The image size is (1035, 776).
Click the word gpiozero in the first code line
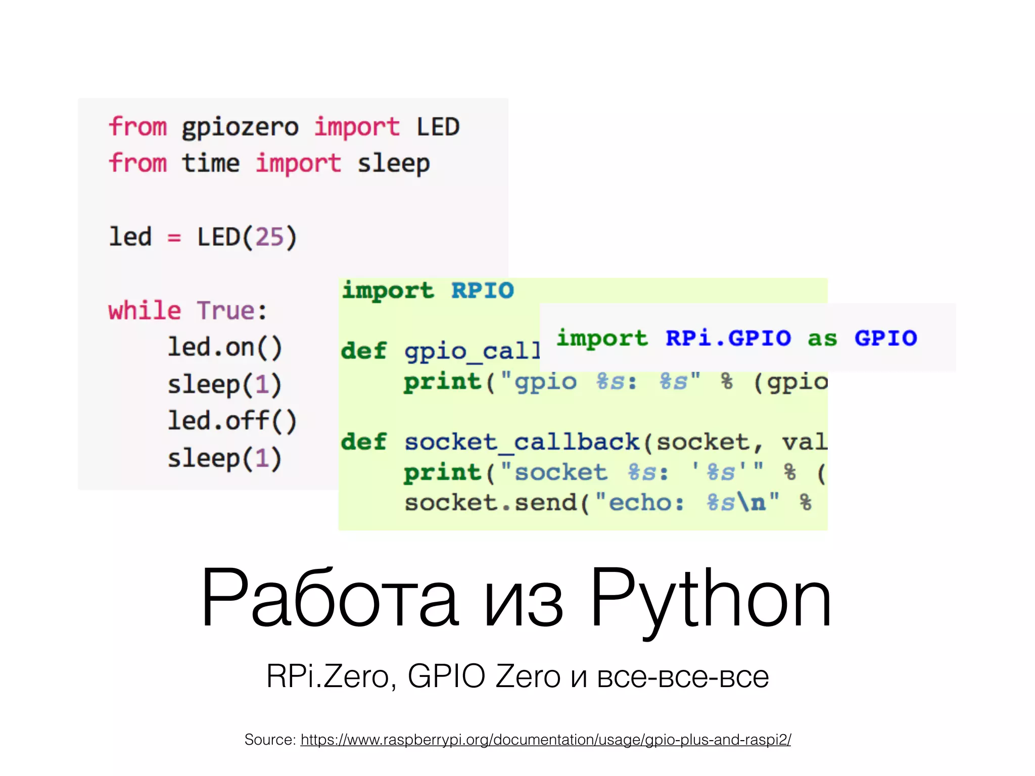(x=240, y=127)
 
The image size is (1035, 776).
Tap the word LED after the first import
(x=438, y=126)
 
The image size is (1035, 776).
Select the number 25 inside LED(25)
(x=269, y=236)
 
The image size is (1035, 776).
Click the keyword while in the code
(x=145, y=310)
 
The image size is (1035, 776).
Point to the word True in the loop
(x=225, y=310)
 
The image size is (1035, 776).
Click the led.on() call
(x=225, y=348)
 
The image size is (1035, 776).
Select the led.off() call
(x=232, y=421)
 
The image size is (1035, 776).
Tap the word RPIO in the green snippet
(x=483, y=290)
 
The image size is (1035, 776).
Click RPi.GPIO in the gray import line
(x=728, y=338)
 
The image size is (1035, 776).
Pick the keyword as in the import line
(x=822, y=338)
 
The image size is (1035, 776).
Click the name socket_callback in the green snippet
(x=522, y=442)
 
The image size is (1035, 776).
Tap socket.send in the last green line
(x=490, y=503)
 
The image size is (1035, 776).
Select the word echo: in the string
(x=646, y=503)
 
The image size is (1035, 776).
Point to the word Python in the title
(x=711, y=599)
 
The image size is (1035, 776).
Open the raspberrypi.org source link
(x=545, y=740)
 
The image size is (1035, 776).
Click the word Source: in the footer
(x=270, y=740)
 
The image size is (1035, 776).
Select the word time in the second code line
(x=210, y=163)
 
